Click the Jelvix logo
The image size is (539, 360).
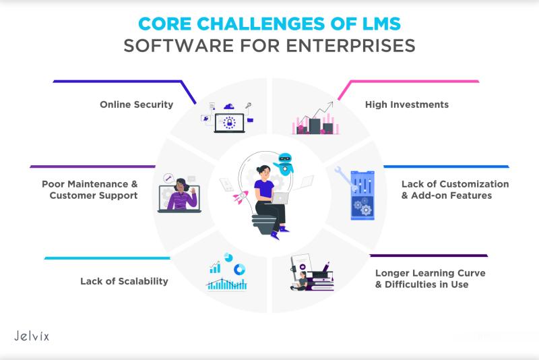point(32,336)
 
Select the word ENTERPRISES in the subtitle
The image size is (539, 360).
point(350,46)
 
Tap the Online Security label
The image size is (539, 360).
point(137,104)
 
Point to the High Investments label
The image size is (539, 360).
point(407,104)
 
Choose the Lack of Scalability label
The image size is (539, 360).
point(124,281)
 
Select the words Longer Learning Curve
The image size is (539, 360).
point(431,273)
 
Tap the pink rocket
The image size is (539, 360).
point(241,198)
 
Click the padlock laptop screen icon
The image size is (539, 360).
point(229,123)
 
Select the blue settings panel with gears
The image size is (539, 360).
point(362,195)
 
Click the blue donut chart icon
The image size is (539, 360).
point(240,270)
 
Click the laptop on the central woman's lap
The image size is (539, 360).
point(280,198)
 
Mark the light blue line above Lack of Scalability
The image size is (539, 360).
point(107,258)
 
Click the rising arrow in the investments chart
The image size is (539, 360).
point(315,113)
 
